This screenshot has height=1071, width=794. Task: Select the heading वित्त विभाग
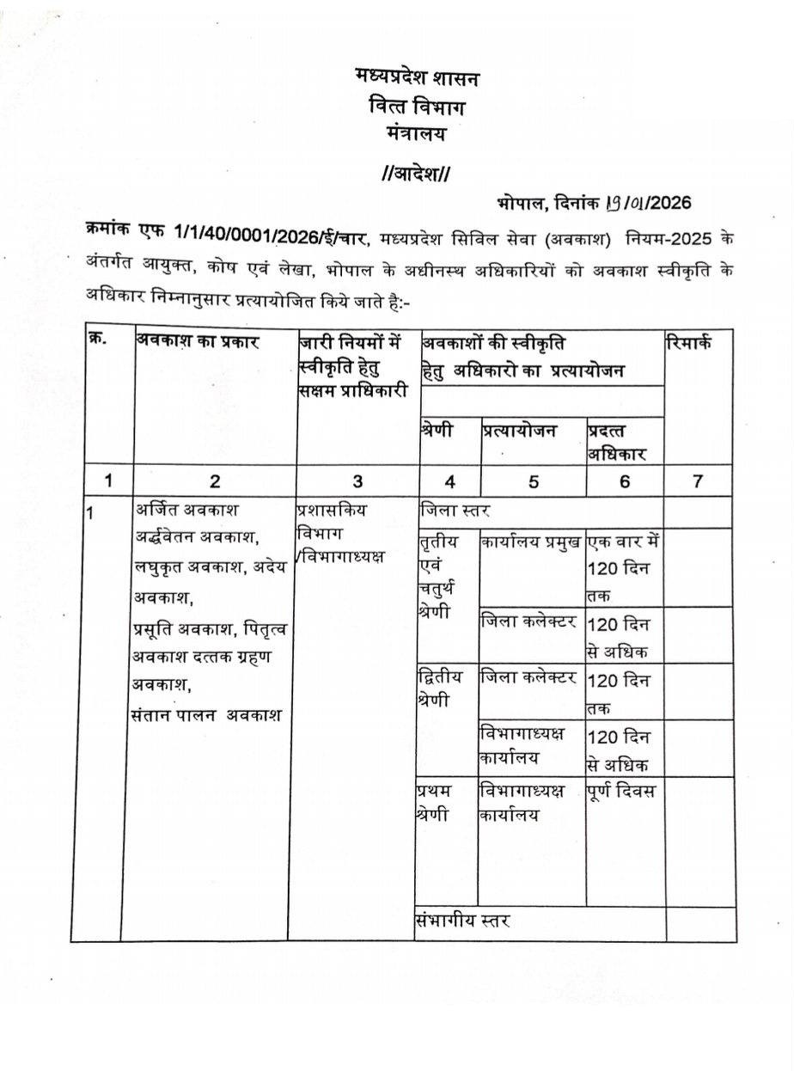[x=417, y=107]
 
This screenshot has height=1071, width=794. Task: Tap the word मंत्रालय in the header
[x=417, y=134]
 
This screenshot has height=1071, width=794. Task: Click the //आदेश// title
[x=416, y=174]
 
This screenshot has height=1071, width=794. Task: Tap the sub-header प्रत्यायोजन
[x=519, y=431]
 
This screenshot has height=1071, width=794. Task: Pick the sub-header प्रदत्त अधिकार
[x=617, y=442]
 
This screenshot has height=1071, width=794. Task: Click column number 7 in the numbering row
[x=699, y=480]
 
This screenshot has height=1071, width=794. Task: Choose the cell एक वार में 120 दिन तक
[x=624, y=568]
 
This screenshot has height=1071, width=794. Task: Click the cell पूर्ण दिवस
[x=621, y=791]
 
